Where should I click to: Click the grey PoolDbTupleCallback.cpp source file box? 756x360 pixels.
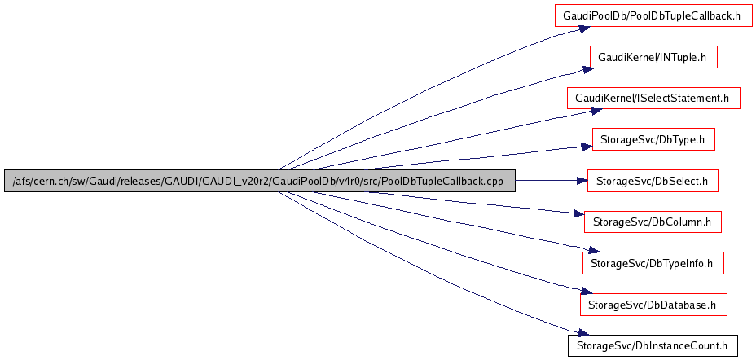tap(259, 181)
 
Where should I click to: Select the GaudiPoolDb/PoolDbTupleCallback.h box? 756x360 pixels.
tap(652, 15)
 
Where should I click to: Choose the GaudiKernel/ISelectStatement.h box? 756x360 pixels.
tap(653, 99)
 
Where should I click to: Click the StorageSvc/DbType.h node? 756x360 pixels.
tap(653, 140)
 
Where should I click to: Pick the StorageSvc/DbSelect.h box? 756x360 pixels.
tap(652, 181)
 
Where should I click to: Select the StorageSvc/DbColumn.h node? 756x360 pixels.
tap(653, 222)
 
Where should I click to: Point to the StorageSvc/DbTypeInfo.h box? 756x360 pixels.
tap(653, 263)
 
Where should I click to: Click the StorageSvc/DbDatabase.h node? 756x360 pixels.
tap(653, 305)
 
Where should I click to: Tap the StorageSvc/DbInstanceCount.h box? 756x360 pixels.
tap(653, 345)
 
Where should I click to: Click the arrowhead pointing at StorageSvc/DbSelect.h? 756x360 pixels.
tap(581, 181)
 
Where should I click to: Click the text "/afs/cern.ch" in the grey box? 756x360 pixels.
tap(37, 181)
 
